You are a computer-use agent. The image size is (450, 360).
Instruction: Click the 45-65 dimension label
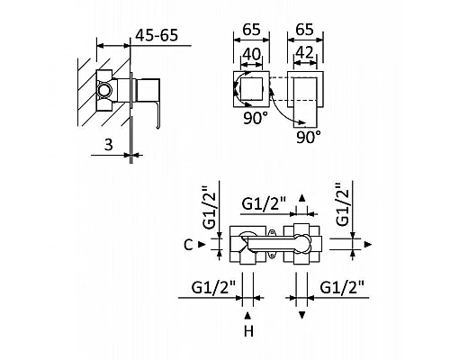(x=157, y=35)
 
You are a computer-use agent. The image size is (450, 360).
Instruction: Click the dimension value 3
(x=108, y=144)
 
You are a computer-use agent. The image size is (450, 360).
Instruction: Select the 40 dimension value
(x=251, y=54)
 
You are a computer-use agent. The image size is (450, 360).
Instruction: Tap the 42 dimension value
(x=304, y=53)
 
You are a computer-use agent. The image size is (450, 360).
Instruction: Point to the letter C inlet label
(x=188, y=245)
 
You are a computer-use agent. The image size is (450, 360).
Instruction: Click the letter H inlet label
(x=248, y=331)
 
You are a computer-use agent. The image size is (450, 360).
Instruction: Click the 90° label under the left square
(x=253, y=118)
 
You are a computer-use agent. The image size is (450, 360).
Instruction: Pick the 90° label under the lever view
(x=309, y=137)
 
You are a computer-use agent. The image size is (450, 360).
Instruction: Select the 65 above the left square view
(x=251, y=30)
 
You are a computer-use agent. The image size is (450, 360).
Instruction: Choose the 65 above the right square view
(x=304, y=30)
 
